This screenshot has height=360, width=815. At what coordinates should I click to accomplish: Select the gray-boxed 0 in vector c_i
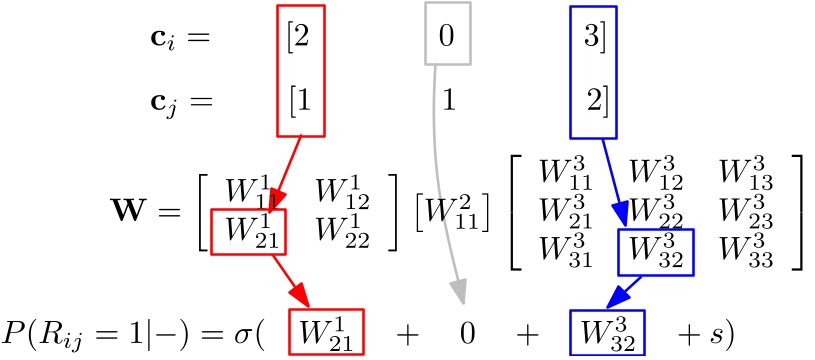(x=447, y=38)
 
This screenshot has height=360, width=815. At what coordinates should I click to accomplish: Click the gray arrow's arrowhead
(x=458, y=291)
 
